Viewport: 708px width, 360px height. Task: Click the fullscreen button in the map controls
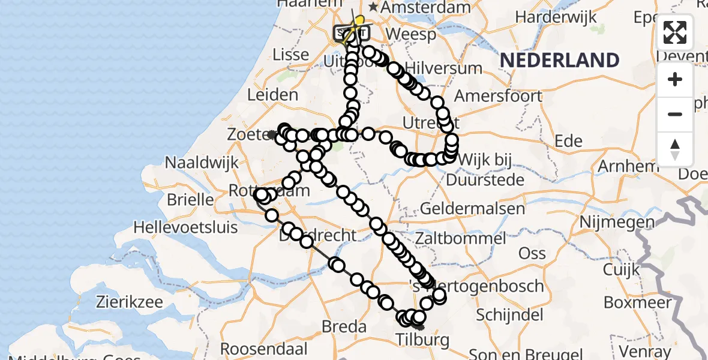[675, 32]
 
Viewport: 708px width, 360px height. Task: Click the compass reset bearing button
[675, 149]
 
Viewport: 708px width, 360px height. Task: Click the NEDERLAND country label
[559, 60]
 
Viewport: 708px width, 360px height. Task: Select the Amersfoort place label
[498, 96]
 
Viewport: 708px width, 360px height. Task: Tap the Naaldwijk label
[202, 163]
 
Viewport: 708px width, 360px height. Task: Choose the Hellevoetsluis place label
[185, 228]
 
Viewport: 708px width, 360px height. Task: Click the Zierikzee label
[112, 302]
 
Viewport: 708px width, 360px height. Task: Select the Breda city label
[344, 327]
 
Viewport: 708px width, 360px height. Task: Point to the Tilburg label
[422, 341]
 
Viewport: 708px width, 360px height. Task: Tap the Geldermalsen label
[473, 209]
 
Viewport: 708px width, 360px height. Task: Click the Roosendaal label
[264, 349]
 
